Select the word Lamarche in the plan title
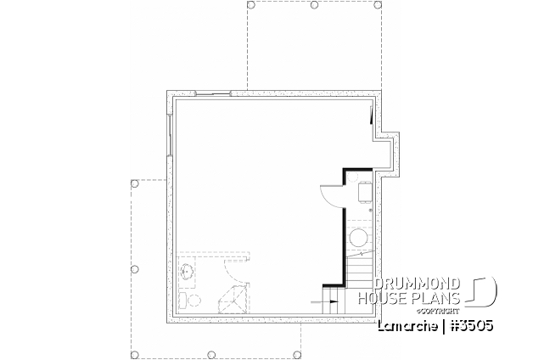[x=405, y=325]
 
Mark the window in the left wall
[x=170, y=136]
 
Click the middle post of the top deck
[x=314, y=5]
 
